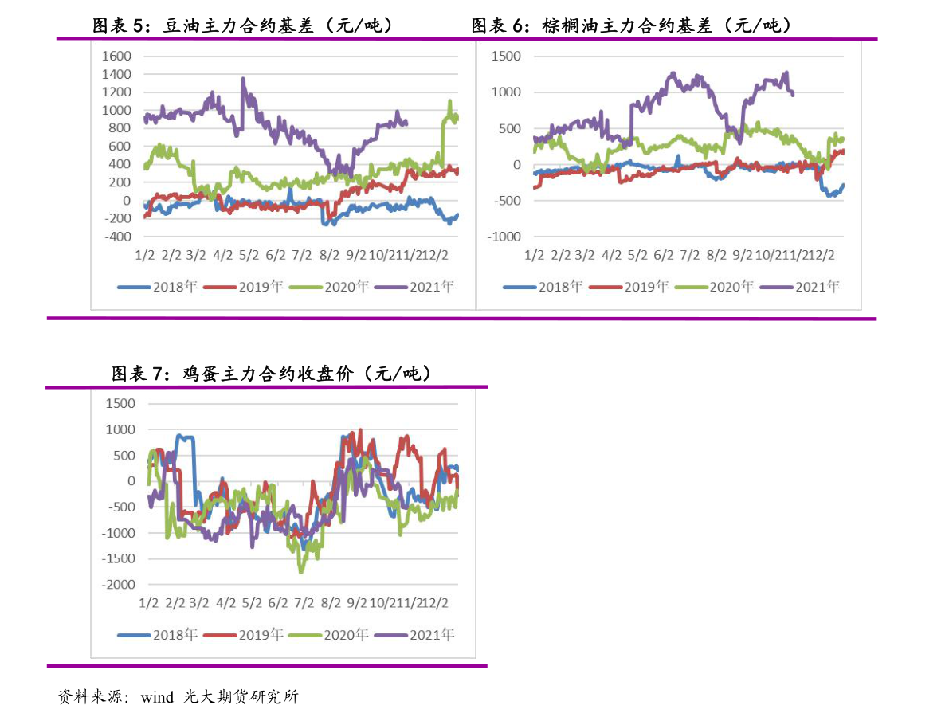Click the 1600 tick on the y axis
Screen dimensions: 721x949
[116, 57]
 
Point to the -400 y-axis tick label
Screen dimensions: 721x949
[116, 237]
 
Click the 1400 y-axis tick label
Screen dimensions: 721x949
[116, 74]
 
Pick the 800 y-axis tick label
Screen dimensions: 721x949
[120, 128]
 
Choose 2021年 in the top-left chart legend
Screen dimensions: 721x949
[431, 287]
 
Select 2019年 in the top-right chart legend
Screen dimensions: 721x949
[646, 287]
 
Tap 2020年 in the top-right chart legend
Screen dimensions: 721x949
[731, 287]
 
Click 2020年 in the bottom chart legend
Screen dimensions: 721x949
[346, 635]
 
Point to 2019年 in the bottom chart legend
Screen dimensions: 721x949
[261, 635]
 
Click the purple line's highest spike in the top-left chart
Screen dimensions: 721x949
[243, 79]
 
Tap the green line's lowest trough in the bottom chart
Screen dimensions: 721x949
[301, 571]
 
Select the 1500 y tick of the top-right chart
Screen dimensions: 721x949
[507, 57]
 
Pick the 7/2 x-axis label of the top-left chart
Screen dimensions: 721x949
[302, 255]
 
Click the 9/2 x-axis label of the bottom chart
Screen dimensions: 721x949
[356, 603]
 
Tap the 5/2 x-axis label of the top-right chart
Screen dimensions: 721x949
[637, 255]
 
